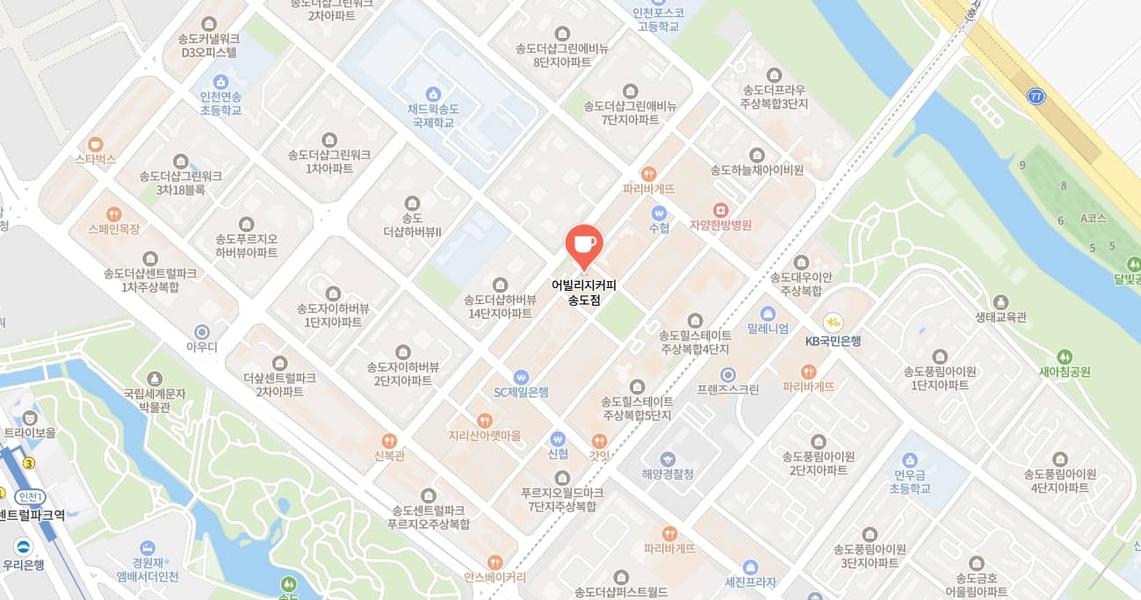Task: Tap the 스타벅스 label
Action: [x=95, y=159]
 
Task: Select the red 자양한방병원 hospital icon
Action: [x=720, y=209]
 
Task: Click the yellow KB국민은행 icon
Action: [x=833, y=322]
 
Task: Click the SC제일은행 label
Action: [x=521, y=393]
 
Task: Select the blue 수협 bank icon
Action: [x=659, y=213]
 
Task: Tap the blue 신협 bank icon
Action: [x=558, y=437]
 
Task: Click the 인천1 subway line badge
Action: [x=30, y=497]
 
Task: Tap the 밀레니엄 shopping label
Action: [x=767, y=329]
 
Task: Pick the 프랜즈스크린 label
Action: [x=727, y=389]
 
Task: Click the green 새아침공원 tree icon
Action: [x=1065, y=357]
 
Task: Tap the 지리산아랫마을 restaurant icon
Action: [x=484, y=420]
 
